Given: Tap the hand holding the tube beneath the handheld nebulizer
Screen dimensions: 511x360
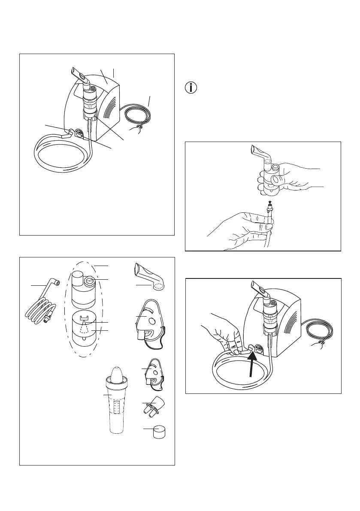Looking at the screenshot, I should click(x=240, y=227).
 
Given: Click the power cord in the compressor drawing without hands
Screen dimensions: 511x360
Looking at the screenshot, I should click(x=137, y=116).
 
